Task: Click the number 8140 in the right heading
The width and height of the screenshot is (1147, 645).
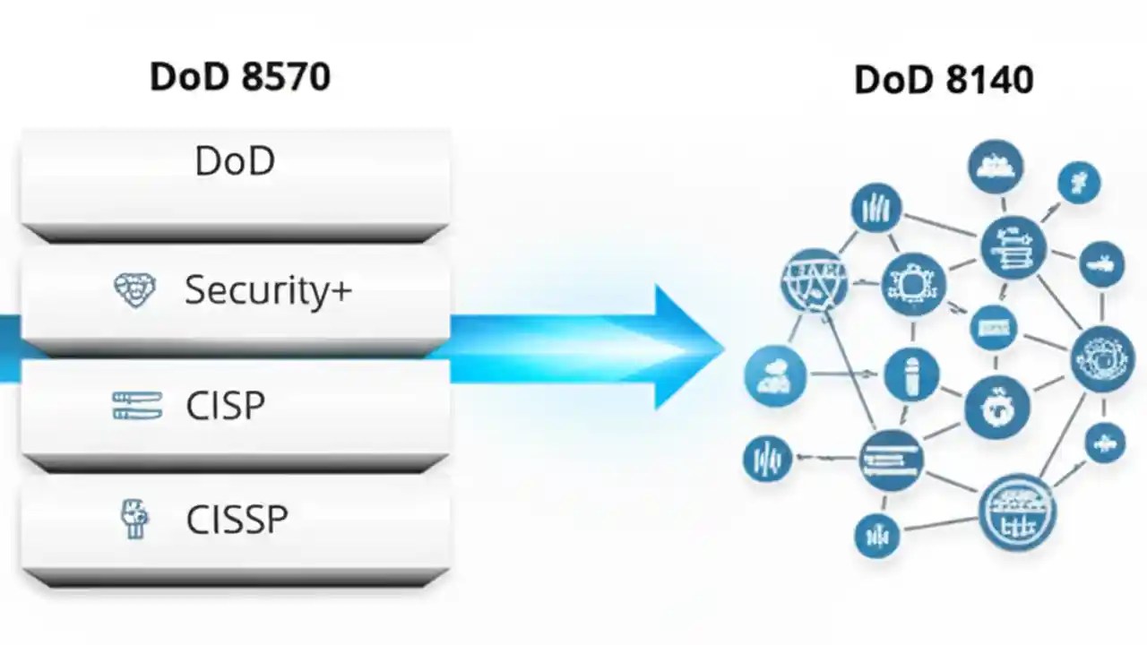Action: click(990, 81)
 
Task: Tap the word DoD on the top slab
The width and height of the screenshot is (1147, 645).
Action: click(235, 161)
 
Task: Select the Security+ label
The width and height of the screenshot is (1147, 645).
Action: click(268, 290)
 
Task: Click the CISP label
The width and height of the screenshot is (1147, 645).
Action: click(225, 406)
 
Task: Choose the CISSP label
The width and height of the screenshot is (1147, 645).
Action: click(237, 520)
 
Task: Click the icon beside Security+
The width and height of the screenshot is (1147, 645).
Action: click(134, 291)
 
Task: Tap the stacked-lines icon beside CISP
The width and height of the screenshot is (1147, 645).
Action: click(137, 406)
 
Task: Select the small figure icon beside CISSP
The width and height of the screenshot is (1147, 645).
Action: click(134, 520)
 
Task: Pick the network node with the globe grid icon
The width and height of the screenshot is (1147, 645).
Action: click(814, 279)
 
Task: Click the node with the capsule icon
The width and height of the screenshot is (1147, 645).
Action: click(911, 374)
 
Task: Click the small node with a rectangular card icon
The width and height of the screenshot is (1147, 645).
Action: click(992, 328)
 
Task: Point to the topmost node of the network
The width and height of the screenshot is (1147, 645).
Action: click(996, 167)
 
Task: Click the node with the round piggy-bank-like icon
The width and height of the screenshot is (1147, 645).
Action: click(996, 408)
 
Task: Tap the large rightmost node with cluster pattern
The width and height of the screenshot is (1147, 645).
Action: click(1102, 358)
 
